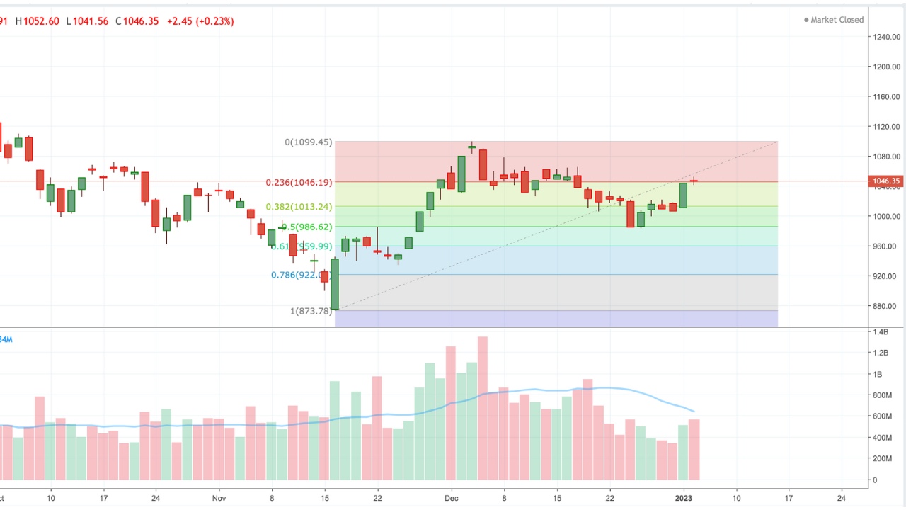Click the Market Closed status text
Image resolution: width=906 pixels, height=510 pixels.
coord(837,20)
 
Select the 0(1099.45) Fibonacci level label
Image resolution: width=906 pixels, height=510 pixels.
coord(309,142)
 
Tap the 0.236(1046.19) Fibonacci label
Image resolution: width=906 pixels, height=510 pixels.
coord(299,183)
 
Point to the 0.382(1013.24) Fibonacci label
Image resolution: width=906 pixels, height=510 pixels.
coord(299,207)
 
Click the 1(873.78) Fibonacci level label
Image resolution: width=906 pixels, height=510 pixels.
coord(310,311)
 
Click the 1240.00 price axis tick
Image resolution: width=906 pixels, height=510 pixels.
coord(886,37)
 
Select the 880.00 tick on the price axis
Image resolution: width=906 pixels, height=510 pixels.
coord(884,307)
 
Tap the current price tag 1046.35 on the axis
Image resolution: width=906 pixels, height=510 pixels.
coord(886,181)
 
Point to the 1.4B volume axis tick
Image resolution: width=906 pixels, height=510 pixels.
coord(881,331)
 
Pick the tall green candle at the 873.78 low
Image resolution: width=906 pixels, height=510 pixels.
coord(335,284)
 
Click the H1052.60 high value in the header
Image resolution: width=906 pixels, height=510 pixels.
coord(41,21)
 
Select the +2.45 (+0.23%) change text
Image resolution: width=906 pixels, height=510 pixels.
coord(200,21)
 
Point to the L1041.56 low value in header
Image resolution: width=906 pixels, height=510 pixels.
coord(87,21)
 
